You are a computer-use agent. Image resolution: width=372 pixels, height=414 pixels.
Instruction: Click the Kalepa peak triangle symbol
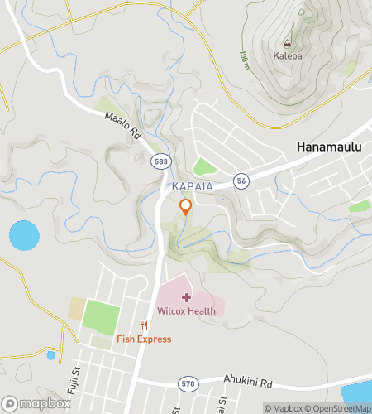pyautogui.click(x=288, y=43)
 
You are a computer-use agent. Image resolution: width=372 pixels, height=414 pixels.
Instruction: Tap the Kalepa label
pyautogui.click(x=288, y=57)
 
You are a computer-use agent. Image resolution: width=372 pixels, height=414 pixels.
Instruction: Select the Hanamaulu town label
pyautogui.click(x=331, y=147)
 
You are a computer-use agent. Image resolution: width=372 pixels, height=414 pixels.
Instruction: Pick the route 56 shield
pyautogui.click(x=241, y=180)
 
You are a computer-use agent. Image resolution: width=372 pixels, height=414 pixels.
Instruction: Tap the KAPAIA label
pyautogui.click(x=193, y=187)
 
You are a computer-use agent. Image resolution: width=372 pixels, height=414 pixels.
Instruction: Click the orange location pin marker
pyautogui.click(x=186, y=207)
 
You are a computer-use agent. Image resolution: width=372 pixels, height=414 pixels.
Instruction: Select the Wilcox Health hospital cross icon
pyautogui.click(x=186, y=297)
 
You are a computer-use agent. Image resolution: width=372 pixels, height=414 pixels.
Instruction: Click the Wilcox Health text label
pyautogui.click(x=186, y=311)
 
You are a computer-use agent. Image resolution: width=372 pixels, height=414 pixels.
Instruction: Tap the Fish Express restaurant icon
pyautogui.click(x=144, y=325)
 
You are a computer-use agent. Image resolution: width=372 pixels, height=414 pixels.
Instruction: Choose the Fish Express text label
pyautogui.click(x=144, y=339)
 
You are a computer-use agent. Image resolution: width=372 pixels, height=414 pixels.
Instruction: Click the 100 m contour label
pyautogui.click(x=244, y=60)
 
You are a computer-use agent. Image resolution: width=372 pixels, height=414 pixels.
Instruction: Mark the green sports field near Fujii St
pyautogui.click(x=102, y=317)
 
